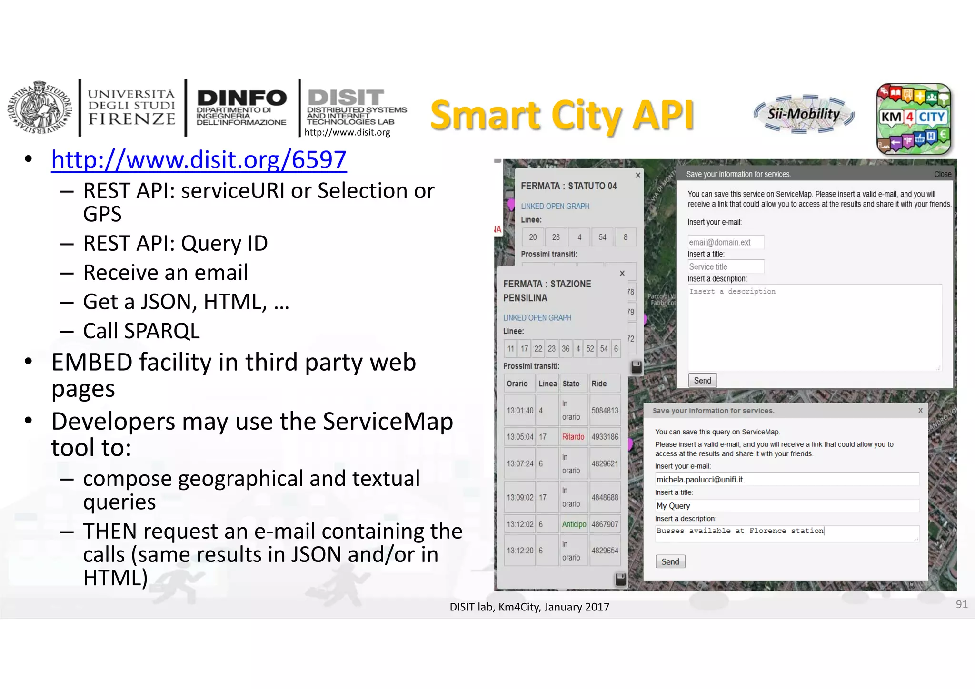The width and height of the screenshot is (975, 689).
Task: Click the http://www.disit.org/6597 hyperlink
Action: [199, 160]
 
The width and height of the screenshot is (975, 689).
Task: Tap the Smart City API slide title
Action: [562, 115]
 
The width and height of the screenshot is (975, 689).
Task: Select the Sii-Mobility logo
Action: [804, 114]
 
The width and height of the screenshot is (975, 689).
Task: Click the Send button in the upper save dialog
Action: [702, 381]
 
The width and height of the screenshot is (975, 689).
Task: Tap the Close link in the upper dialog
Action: [942, 174]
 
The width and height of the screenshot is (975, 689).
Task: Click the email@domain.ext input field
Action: [726, 242]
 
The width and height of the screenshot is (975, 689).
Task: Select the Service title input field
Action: [726, 267]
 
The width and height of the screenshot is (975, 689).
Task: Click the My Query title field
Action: [786, 506]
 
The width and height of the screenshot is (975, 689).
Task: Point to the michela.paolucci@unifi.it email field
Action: [786, 480]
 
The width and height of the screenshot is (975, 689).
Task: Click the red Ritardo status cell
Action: [573, 437]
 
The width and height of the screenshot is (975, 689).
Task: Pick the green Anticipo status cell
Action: [574, 524]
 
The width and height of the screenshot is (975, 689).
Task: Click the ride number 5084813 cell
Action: [605, 411]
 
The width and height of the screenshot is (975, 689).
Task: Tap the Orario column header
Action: [517, 384]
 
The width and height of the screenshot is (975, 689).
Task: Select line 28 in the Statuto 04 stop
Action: [556, 237]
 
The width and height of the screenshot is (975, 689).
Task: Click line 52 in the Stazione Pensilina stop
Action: [590, 349]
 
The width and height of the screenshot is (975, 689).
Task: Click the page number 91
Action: [961, 604]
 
